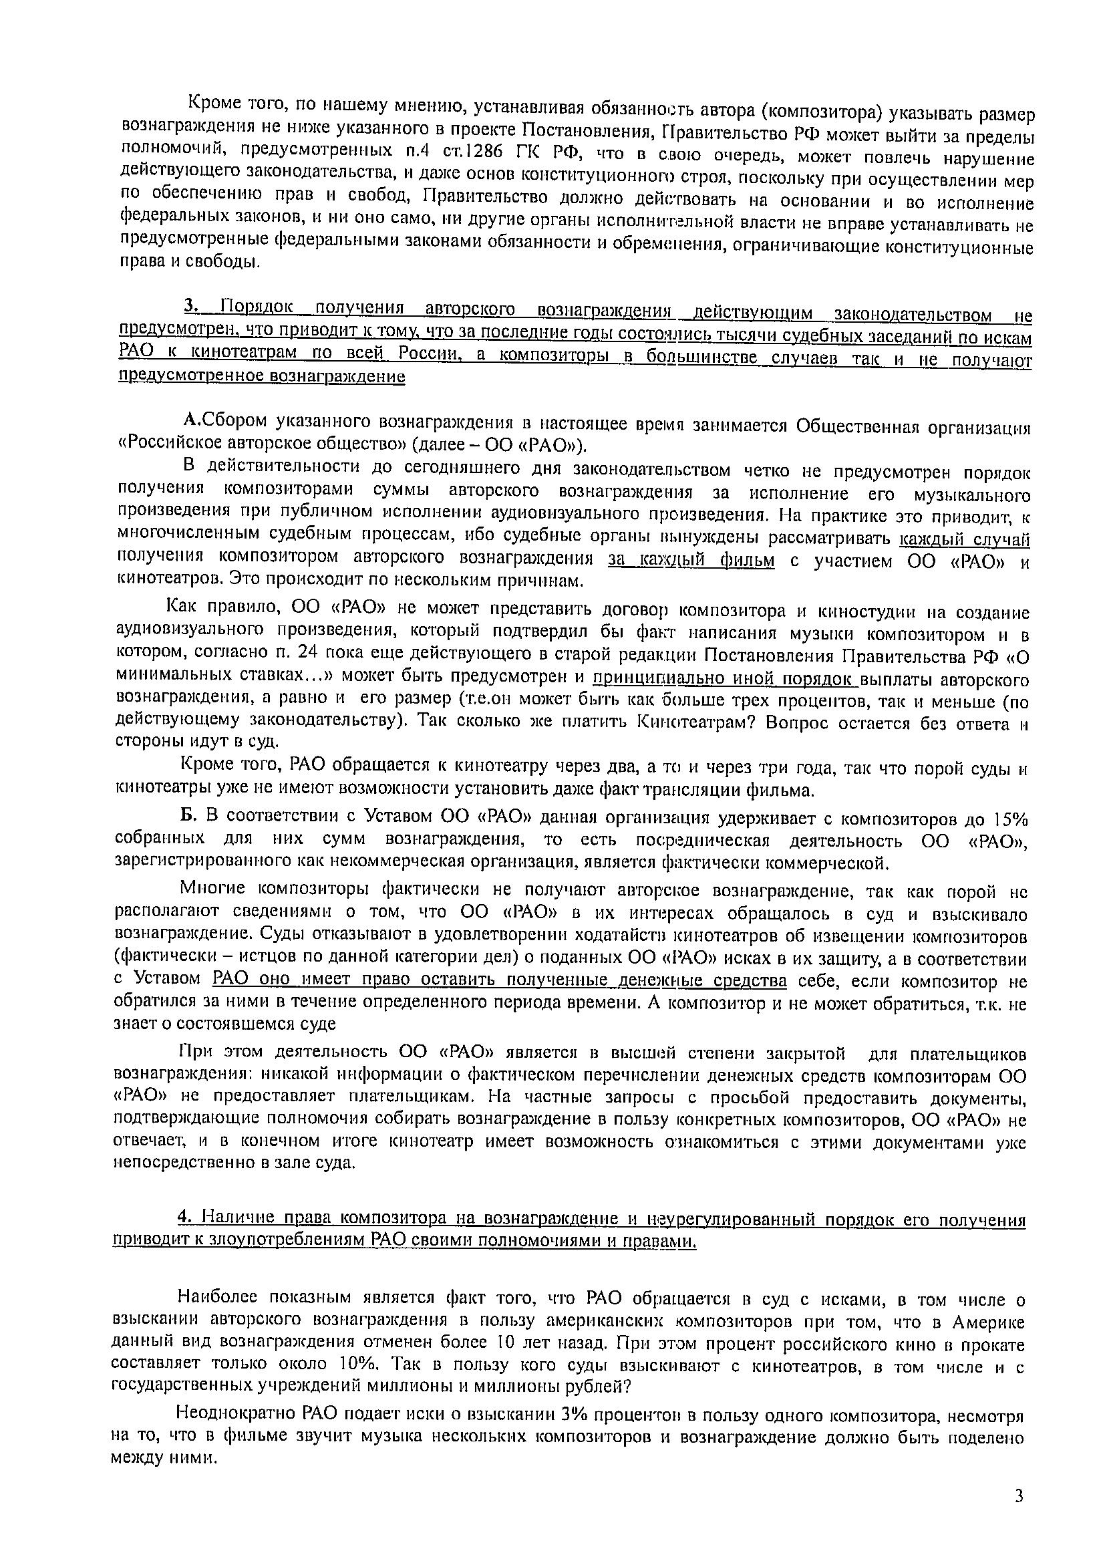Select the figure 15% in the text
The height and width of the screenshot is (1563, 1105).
tap(1009, 819)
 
